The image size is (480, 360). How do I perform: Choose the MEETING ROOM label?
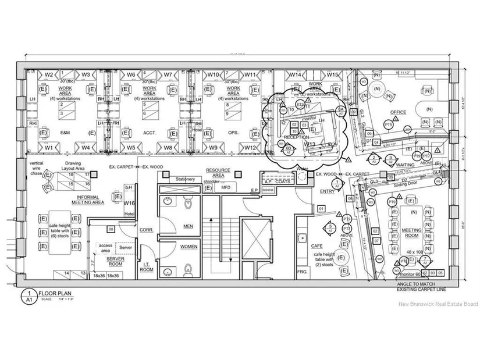click(412, 233)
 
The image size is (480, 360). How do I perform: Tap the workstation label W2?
click(48, 74)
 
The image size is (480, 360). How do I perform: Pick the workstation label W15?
click(332, 74)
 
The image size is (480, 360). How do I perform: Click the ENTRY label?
click(327, 191)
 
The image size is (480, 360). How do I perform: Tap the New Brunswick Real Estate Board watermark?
click(438, 304)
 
